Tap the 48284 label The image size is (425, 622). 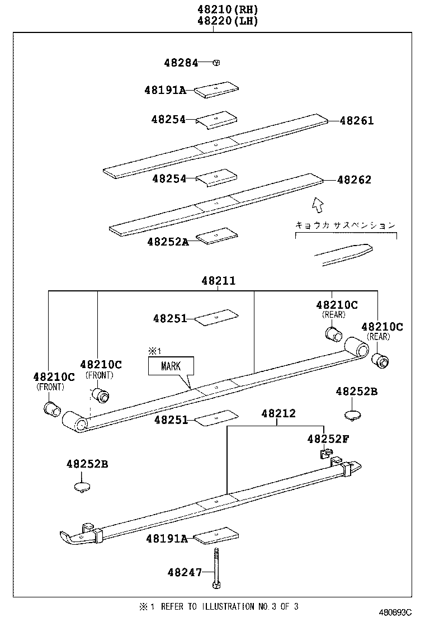[x=181, y=63]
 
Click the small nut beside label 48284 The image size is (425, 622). [x=216, y=63]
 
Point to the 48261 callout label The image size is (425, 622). [x=357, y=121]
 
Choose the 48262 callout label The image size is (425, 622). [x=354, y=180]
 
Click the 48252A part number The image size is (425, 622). [x=168, y=242]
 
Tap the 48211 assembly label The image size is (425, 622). [x=215, y=281]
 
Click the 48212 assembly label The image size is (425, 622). [x=278, y=414]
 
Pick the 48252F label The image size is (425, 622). [x=328, y=439]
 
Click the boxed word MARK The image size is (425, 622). [x=171, y=367]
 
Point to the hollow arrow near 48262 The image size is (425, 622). [x=318, y=205]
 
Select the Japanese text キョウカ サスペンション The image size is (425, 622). [x=345, y=225]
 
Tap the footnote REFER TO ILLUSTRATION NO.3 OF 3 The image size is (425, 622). [x=224, y=606]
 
